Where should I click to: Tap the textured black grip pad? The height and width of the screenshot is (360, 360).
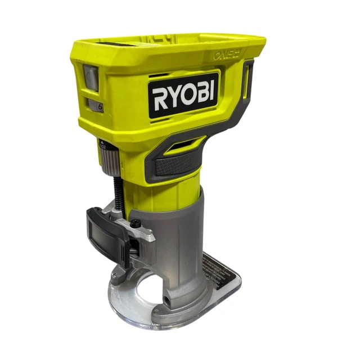(x=177, y=164)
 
